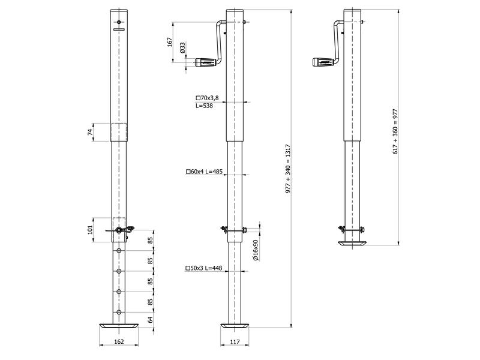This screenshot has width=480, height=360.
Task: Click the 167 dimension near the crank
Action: [x=170, y=42]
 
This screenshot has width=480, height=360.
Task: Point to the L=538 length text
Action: [x=205, y=105]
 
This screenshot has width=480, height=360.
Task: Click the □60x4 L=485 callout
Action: [x=205, y=172]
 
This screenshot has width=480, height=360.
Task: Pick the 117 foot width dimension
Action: [x=234, y=342]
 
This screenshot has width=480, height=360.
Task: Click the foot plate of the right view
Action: [x=352, y=244]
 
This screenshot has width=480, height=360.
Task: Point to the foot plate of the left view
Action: [x=119, y=325]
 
